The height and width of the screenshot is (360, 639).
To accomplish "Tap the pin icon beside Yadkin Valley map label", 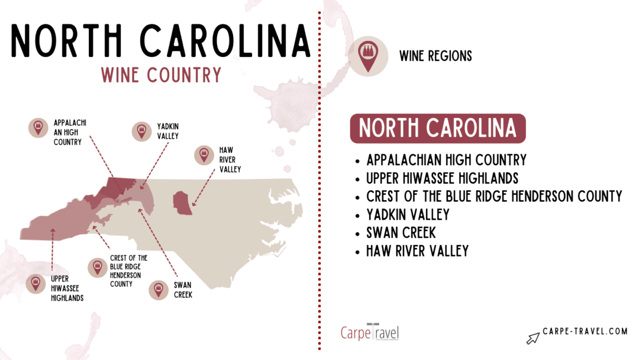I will click(141, 131).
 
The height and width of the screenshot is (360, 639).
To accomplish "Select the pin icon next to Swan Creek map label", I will click(158, 290).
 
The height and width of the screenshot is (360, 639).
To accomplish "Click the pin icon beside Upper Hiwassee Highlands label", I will click(36, 284).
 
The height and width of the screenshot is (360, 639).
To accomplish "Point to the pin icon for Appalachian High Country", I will click(38, 127).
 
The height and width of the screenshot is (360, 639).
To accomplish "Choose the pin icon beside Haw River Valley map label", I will click(204, 156).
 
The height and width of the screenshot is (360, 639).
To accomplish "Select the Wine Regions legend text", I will click(435, 56).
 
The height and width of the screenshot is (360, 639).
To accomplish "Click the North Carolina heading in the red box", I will click(437, 128).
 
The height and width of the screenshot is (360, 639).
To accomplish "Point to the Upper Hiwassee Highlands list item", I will click(443, 178).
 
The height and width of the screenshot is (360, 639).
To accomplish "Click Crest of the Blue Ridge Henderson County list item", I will click(493, 196).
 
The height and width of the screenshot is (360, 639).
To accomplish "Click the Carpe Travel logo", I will click(370, 332).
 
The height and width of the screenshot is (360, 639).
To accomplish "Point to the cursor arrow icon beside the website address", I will click(533, 337).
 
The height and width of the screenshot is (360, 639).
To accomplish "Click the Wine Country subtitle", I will click(161, 75).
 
